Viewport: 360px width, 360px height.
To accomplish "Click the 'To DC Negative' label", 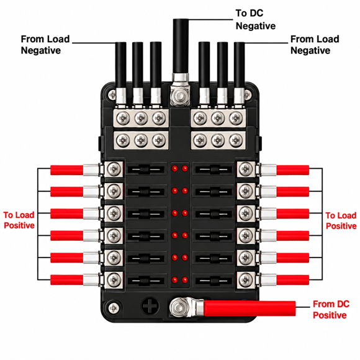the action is (256, 19).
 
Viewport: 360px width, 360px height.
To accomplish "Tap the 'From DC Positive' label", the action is (331, 309).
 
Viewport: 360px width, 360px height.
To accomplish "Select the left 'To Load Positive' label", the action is (19, 220).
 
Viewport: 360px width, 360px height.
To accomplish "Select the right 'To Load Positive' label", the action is (341, 220).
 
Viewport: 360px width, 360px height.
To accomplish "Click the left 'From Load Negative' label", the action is (45, 45).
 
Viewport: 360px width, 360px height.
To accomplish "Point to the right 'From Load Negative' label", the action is (315, 45).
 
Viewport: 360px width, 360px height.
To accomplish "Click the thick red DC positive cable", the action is (250, 308).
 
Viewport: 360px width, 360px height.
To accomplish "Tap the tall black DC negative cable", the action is (181, 47).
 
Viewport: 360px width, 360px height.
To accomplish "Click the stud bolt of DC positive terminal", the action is (177, 307).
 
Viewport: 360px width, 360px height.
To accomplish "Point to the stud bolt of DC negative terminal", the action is (180, 96).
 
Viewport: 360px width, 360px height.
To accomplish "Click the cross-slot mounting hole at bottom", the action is (150, 306).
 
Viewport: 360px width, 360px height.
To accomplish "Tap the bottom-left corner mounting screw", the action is (114, 308).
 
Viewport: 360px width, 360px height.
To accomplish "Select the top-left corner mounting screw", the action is (112, 94).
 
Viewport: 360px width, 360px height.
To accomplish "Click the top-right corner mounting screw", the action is (248, 94).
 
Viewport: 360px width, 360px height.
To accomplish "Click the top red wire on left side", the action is (67, 170).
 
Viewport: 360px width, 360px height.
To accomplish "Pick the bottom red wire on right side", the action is (293, 280).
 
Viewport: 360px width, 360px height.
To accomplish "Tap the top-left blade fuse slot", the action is (146, 170).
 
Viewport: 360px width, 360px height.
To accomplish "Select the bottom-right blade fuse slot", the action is (214, 281).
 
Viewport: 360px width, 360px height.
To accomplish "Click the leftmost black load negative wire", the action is (120, 65).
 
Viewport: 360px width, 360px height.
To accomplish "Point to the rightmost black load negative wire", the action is (239, 65).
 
